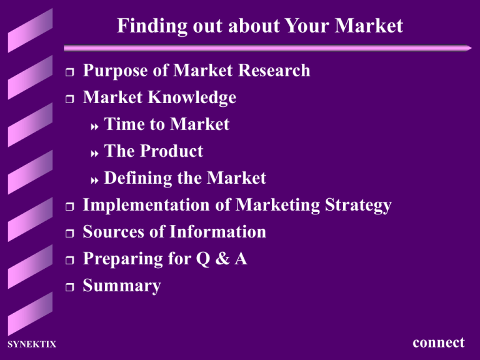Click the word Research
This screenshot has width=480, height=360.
pyautogui.click(x=272, y=71)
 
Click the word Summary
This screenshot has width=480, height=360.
pyautogui.click(x=122, y=286)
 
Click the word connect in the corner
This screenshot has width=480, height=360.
pyautogui.click(x=439, y=342)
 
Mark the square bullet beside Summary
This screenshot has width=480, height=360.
pyautogui.click(x=69, y=287)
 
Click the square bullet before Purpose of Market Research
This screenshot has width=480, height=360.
pyautogui.click(x=69, y=72)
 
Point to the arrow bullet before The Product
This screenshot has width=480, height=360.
pyautogui.click(x=95, y=152)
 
